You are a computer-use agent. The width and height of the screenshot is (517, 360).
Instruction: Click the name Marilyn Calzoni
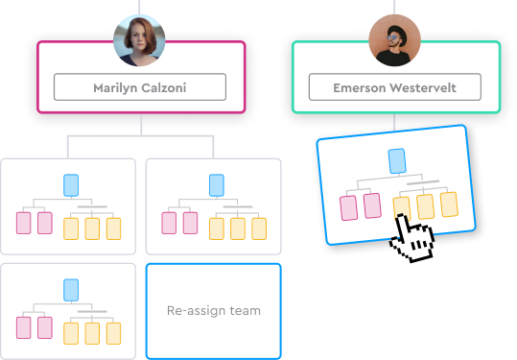click(x=140, y=87)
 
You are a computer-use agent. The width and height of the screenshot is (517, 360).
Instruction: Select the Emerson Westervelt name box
click(x=394, y=87)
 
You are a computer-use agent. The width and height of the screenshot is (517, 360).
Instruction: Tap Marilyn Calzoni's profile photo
click(x=140, y=39)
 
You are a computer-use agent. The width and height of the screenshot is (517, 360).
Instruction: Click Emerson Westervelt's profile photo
click(x=394, y=39)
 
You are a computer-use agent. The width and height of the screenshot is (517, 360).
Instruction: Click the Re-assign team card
click(x=213, y=310)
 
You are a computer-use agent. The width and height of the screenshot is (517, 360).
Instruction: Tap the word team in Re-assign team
click(x=242, y=310)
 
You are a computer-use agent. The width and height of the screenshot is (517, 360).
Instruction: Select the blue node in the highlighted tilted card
click(x=397, y=161)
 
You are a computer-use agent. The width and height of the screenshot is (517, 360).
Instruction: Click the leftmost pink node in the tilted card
click(x=348, y=206)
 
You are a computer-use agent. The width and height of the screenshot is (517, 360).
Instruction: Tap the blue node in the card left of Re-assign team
click(x=70, y=289)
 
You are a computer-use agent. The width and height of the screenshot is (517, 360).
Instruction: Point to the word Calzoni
click(x=165, y=87)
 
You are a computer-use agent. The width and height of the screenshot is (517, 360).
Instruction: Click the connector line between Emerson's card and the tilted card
click(x=394, y=122)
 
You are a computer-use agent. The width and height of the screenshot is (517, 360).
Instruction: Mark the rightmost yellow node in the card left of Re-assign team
click(x=113, y=333)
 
